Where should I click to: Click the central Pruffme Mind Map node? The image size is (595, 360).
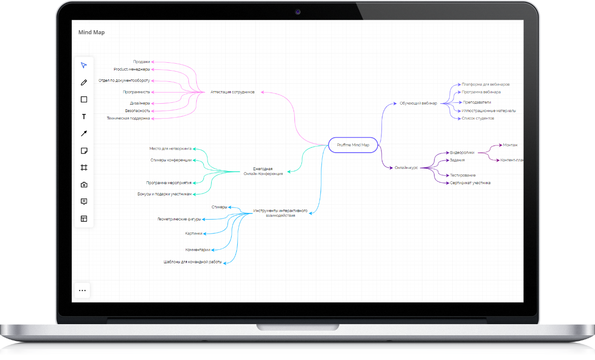pyautogui.click(x=353, y=145)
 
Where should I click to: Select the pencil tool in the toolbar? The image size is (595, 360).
pyautogui.click(x=84, y=83)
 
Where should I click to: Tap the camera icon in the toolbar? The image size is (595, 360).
pyautogui.click(x=84, y=185)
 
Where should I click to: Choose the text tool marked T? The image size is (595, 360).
pyautogui.click(x=84, y=117)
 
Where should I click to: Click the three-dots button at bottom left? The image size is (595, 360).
pyautogui.click(x=82, y=290)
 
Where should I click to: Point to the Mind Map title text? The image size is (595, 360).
pyautogui.click(x=91, y=33)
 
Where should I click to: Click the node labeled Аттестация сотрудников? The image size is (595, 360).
pyautogui.click(x=233, y=92)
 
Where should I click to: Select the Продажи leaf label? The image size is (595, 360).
pyautogui.click(x=141, y=61)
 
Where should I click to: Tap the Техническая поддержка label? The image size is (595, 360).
pyautogui.click(x=128, y=119)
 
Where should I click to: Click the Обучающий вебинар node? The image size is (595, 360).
pyautogui.click(x=418, y=103)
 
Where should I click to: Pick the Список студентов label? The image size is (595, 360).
pyautogui.click(x=478, y=119)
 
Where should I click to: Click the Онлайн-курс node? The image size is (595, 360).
pyautogui.click(x=406, y=168)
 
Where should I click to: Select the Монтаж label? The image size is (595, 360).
pyautogui.click(x=510, y=145)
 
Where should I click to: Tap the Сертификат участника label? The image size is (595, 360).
pyautogui.click(x=470, y=183)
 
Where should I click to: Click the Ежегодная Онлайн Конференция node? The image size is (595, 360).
pyautogui.click(x=263, y=171)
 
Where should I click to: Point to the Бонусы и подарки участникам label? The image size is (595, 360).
pyautogui.click(x=164, y=194)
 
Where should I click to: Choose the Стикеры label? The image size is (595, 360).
pyautogui.click(x=220, y=207)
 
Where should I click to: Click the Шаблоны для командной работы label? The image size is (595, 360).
pyautogui.click(x=193, y=262)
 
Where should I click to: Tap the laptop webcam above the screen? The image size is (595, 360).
pyautogui.click(x=298, y=12)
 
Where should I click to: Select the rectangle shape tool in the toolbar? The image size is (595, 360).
pyautogui.click(x=84, y=99)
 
